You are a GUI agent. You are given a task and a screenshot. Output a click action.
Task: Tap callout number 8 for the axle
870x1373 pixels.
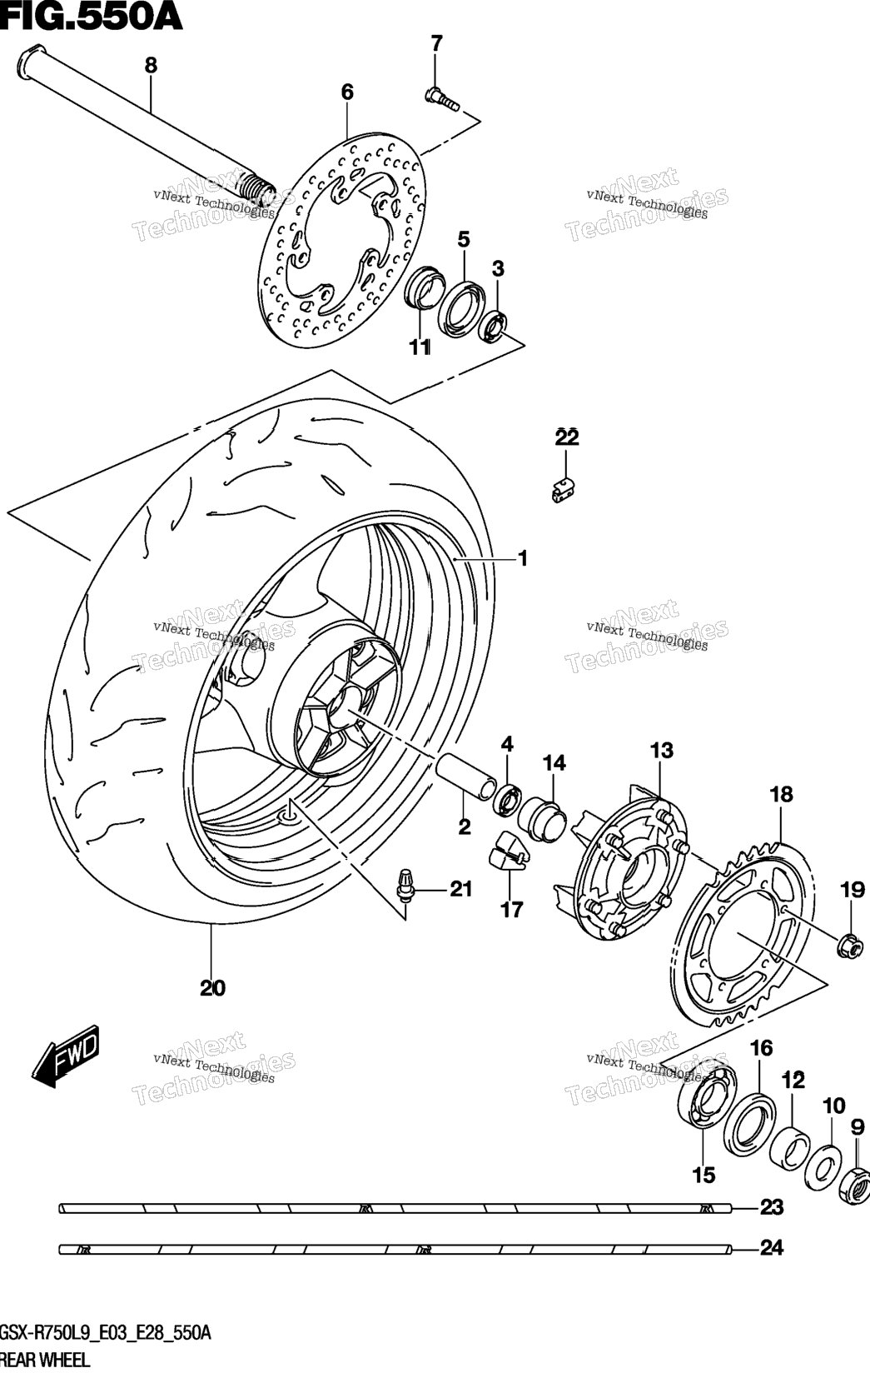click(x=151, y=66)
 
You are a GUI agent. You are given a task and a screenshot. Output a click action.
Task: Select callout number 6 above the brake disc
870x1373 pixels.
click(x=347, y=92)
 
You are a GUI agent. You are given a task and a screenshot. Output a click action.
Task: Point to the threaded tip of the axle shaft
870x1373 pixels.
click(x=261, y=186)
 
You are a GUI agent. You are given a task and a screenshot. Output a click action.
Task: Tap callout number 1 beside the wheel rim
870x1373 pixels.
click(x=522, y=559)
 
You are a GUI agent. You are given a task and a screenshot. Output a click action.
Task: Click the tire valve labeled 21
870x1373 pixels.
click(x=405, y=886)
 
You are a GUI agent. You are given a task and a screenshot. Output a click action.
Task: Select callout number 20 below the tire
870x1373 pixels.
click(x=212, y=988)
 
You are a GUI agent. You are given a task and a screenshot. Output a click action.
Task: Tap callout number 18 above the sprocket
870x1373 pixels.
click(x=781, y=794)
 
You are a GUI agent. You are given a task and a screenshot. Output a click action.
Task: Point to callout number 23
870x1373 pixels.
click(x=772, y=1207)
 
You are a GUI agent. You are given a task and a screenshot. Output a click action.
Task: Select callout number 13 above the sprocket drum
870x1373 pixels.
click(x=662, y=751)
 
